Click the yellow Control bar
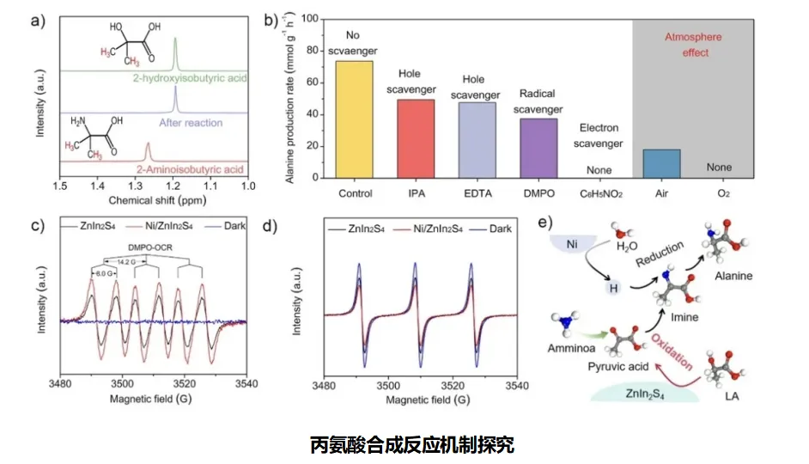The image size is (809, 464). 354,119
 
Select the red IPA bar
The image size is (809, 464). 416,138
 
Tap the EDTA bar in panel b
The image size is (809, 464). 477,140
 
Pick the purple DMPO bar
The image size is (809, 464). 538,148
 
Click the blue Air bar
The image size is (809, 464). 661,163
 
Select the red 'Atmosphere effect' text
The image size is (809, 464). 694,45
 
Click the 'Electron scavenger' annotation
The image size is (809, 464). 600,136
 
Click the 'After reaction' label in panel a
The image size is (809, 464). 192,123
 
